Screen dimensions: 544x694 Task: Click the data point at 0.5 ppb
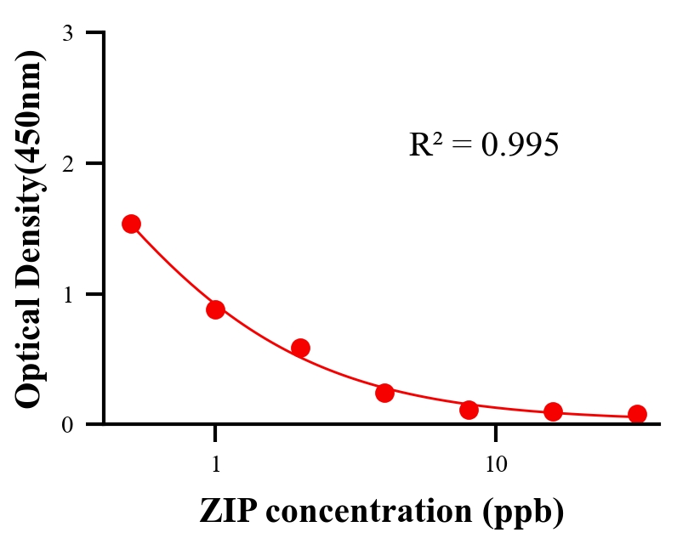click(x=131, y=224)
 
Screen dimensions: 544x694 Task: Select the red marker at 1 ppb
click(x=215, y=309)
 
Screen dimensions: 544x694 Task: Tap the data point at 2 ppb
click(x=300, y=348)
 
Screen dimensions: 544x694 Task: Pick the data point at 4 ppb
click(x=384, y=393)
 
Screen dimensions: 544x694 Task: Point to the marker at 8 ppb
click(x=469, y=410)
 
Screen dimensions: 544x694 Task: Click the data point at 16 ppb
click(x=553, y=412)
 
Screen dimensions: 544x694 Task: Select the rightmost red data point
click(x=637, y=414)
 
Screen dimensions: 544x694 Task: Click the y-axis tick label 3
click(x=67, y=33)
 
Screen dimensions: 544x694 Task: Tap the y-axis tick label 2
click(x=67, y=163)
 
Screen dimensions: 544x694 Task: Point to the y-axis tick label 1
click(x=67, y=294)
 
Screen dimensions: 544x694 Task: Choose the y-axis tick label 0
click(x=67, y=424)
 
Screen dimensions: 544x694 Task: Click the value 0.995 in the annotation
click(x=519, y=145)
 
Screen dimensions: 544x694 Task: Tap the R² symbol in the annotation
click(x=425, y=144)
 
